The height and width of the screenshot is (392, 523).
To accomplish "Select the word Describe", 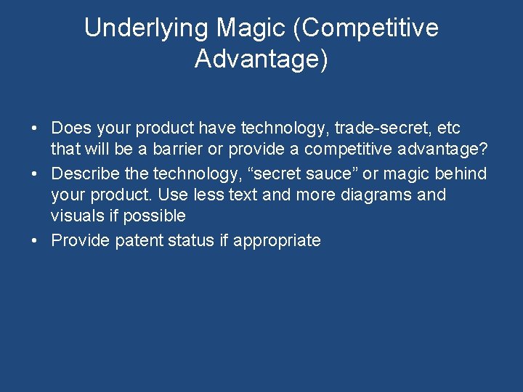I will [x=86, y=174].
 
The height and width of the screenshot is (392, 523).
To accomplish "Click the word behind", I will [x=461, y=174].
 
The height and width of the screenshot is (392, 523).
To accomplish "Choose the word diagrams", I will [x=375, y=195].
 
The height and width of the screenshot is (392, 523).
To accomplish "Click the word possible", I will [x=155, y=216].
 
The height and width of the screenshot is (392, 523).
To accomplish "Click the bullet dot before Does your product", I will [x=35, y=129].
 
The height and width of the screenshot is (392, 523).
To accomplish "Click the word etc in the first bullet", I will [x=449, y=128].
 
